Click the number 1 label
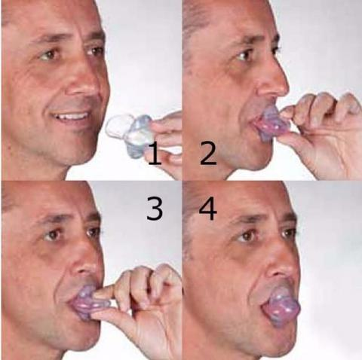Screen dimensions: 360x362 [154, 156]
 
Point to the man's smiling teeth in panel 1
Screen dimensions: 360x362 [74, 117]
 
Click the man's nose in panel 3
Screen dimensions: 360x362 [90, 263]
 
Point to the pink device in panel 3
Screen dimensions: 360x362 [89, 301]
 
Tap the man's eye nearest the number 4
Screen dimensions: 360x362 [247, 236]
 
